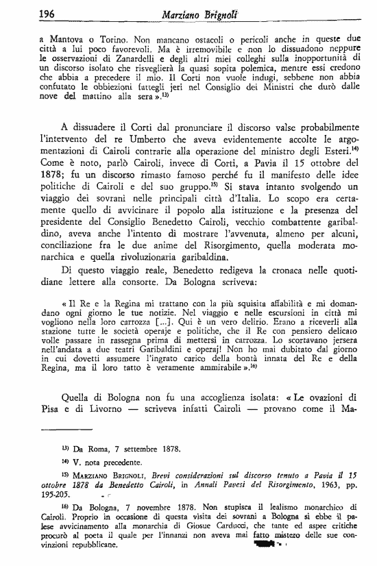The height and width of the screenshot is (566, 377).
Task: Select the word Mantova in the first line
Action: (x=67, y=40)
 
